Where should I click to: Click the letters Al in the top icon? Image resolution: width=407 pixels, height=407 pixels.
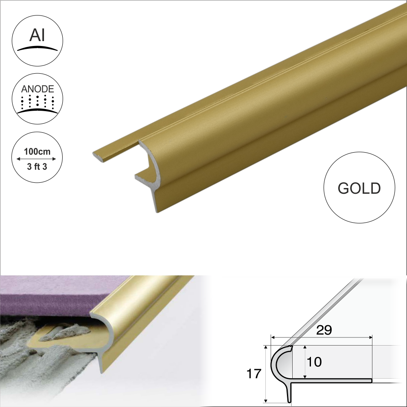pos(37,36)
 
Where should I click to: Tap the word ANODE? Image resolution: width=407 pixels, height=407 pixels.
pos(37,89)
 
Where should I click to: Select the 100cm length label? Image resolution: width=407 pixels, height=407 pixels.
pos(37,151)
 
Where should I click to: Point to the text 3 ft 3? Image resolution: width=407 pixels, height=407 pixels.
pos(37,166)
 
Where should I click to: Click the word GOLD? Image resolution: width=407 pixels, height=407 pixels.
pos(359,188)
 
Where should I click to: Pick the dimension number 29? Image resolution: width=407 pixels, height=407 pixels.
pos(324,330)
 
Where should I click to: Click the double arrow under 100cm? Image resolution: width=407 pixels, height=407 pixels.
pos(37,159)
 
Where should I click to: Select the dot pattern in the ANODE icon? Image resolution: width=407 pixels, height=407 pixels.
pos(37,102)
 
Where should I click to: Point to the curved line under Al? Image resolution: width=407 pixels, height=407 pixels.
pos(37,48)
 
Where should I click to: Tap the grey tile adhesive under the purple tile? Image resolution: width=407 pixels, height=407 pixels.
pos(33,350)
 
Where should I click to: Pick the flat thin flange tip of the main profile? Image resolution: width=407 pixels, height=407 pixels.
pos(100,155)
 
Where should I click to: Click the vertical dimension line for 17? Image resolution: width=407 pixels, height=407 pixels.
pos(265,374)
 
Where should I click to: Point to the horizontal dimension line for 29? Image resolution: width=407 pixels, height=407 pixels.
pos(322,337)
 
